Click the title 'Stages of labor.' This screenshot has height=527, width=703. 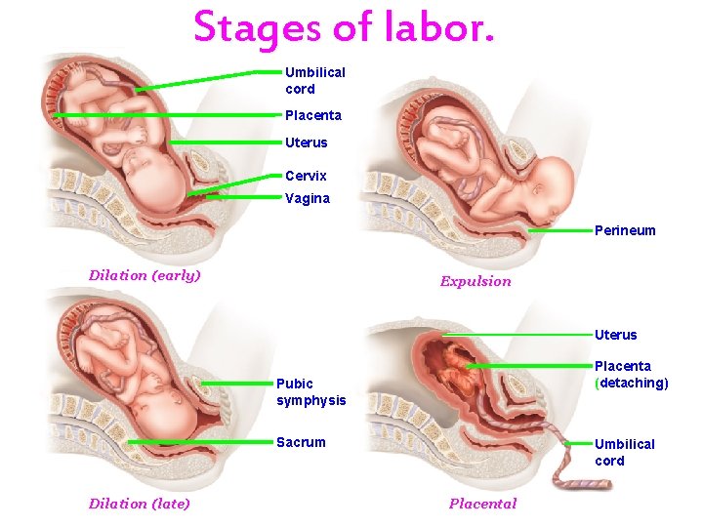(x=345, y=27)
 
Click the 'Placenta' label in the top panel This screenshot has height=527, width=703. (x=313, y=115)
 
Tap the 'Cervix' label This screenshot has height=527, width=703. (x=306, y=176)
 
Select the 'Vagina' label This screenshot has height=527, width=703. (x=308, y=198)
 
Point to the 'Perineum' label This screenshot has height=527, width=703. (x=625, y=231)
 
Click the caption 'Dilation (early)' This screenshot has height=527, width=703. (x=145, y=275)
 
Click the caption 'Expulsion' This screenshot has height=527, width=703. (x=476, y=281)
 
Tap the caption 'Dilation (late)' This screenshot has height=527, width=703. (x=139, y=504)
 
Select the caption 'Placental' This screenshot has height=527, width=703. (x=482, y=504)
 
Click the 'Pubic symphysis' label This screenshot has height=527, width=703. (x=310, y=391)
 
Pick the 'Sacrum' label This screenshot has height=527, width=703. (x=301, y=442)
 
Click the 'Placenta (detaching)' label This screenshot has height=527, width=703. (x=631, y=375)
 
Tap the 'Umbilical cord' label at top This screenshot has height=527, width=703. (x=314, y=80)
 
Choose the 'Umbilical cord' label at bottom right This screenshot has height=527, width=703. (x=624, y=452)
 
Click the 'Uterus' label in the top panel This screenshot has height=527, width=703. (x=307, y=142)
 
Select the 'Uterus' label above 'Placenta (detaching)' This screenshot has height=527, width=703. (x=615, y=335)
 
